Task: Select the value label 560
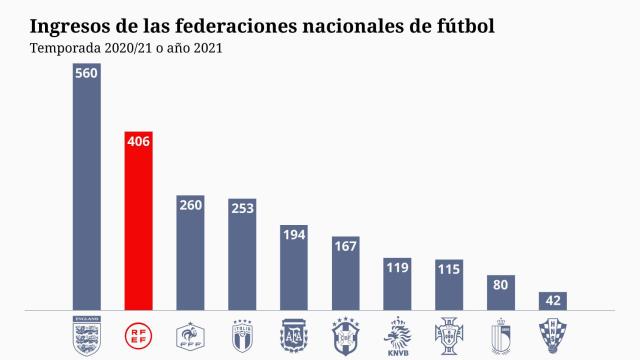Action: pyautogui.click(x=86, y=75)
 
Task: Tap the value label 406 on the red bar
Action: pyautogui.click(x=138, y=142)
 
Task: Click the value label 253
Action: pyautogui.click(x=242, y=209)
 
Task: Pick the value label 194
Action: pyautogui.click(x=294, y=234)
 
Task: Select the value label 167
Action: pyautogui.click(x=346, y=246)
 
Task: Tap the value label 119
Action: pyautogui.click(x=398, y=267)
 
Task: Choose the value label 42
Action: pyautogui.click(x=553, y=300)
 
